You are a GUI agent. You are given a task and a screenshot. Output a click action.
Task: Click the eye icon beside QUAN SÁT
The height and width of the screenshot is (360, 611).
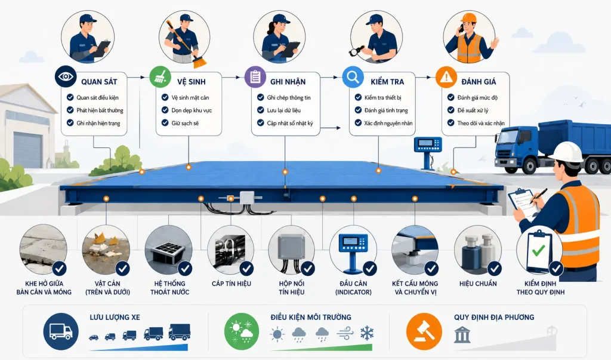(66, 76)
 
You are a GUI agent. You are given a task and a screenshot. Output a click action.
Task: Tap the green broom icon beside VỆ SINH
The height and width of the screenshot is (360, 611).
(160, 76)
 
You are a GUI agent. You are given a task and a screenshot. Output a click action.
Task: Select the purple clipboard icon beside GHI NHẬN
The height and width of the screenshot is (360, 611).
(255, 76)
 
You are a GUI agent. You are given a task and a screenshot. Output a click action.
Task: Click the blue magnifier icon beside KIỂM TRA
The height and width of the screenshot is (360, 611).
(353, 76)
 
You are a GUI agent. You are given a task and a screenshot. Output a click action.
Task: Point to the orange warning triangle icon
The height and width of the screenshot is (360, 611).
(446, 76)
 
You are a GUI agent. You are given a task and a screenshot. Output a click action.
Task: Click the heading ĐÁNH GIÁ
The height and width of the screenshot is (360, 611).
(479, 82)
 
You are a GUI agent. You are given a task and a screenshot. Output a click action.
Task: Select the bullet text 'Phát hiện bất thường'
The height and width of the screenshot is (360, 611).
(100, 110)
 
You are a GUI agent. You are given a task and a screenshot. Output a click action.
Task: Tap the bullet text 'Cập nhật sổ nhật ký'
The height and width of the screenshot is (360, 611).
(290, 123)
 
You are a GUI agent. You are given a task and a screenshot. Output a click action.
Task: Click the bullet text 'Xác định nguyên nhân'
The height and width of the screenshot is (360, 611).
(388, 123)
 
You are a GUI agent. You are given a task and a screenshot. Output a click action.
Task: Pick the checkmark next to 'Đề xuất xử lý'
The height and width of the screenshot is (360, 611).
(451, 110)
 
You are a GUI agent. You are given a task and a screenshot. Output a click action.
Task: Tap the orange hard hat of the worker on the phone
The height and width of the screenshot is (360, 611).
(468, 18)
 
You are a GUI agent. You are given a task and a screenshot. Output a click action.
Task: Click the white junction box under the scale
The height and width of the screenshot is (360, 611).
(246, 198)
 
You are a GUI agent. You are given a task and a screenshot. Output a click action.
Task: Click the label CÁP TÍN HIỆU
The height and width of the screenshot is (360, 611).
(232, 284)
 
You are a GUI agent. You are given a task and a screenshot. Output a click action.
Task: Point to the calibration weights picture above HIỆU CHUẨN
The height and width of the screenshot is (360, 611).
(478, 250)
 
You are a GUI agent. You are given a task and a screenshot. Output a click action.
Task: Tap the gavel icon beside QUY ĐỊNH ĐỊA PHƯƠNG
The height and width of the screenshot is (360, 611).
(424, 331)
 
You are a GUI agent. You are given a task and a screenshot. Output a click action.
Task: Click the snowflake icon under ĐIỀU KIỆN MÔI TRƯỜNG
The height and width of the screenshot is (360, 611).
(367, 334)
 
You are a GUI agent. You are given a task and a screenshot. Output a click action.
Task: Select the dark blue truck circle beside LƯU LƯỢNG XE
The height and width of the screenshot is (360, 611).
(61, 331)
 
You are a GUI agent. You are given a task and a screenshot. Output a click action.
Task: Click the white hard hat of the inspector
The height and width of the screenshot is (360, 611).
(566, 152)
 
